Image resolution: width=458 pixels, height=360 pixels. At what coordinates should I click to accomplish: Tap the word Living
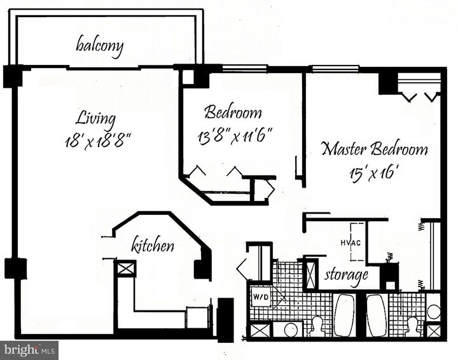click(x=95, y=118)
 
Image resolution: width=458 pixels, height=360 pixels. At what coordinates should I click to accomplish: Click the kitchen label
click(x=153, y=244)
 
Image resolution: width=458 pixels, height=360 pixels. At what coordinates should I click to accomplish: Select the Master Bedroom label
click(x=374, y=150)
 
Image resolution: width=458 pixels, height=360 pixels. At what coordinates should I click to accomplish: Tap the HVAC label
click(x=350, y=243)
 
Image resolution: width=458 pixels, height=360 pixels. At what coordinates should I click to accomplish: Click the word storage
click(x=346, y=275)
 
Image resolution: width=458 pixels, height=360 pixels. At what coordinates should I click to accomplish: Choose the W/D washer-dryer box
click(x=260, y=296)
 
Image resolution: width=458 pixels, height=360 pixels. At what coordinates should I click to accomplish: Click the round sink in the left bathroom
click(x=292, y=329)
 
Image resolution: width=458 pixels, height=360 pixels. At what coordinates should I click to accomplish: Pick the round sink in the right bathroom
click(x=433, y=312)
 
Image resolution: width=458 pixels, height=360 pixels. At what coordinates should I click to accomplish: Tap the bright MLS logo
click(x=29, y=349)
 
